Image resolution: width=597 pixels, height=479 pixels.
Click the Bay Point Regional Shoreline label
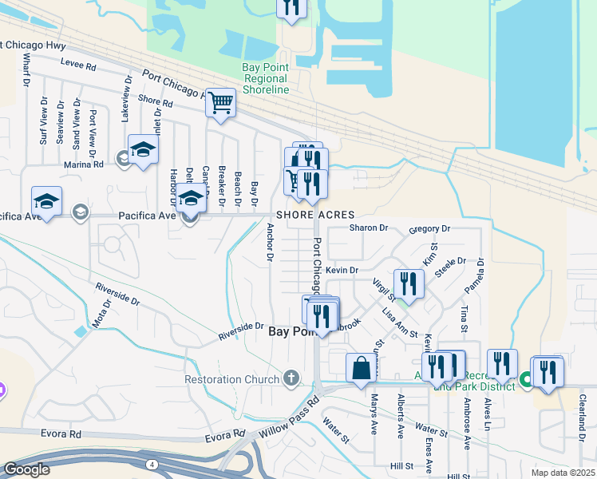pos(265,79)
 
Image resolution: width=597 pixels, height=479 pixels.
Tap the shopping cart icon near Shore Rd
pos(220,102)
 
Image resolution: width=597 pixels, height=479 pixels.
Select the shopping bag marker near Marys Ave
pos(361,368)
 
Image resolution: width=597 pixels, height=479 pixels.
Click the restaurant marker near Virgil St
pos(409,285)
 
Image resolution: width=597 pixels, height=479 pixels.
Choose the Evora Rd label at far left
pos(65,434)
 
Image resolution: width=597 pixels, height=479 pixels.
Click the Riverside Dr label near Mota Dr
pos(117,295)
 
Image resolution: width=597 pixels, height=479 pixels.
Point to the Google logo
pos(26,469)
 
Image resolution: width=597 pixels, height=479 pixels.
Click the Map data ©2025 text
pos(563,473)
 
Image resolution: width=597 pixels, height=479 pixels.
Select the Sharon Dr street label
pos(369,228)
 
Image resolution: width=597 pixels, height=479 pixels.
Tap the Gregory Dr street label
pos(429,229)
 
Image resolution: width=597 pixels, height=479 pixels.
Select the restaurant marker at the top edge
pos(291,8)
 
